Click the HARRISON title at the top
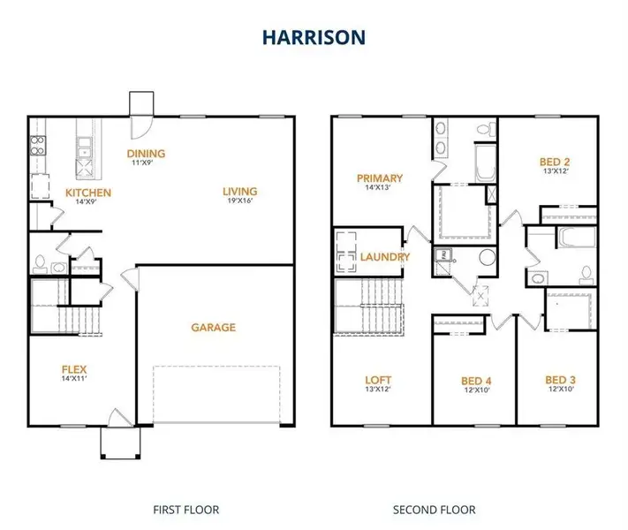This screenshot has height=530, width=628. tap(314, 37)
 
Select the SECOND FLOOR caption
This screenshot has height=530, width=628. tap(434, 510)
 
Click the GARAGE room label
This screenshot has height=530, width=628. tap(214, 328)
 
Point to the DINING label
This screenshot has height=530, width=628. tap(147, 154)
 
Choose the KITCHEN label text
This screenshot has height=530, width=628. tap(88, 193)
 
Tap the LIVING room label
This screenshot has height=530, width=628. tap(239, 192)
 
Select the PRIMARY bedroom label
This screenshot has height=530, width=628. tap(380, 178)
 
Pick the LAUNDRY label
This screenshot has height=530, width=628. tap(385, 257)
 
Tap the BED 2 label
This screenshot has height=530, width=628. tap(555, 162)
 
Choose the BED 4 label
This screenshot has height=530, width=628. tap(477, 382)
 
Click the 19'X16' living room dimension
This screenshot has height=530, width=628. tap(239, 201)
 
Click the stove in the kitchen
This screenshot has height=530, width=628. tap(37, 144)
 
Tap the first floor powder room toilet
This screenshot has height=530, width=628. tap(39, 262)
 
